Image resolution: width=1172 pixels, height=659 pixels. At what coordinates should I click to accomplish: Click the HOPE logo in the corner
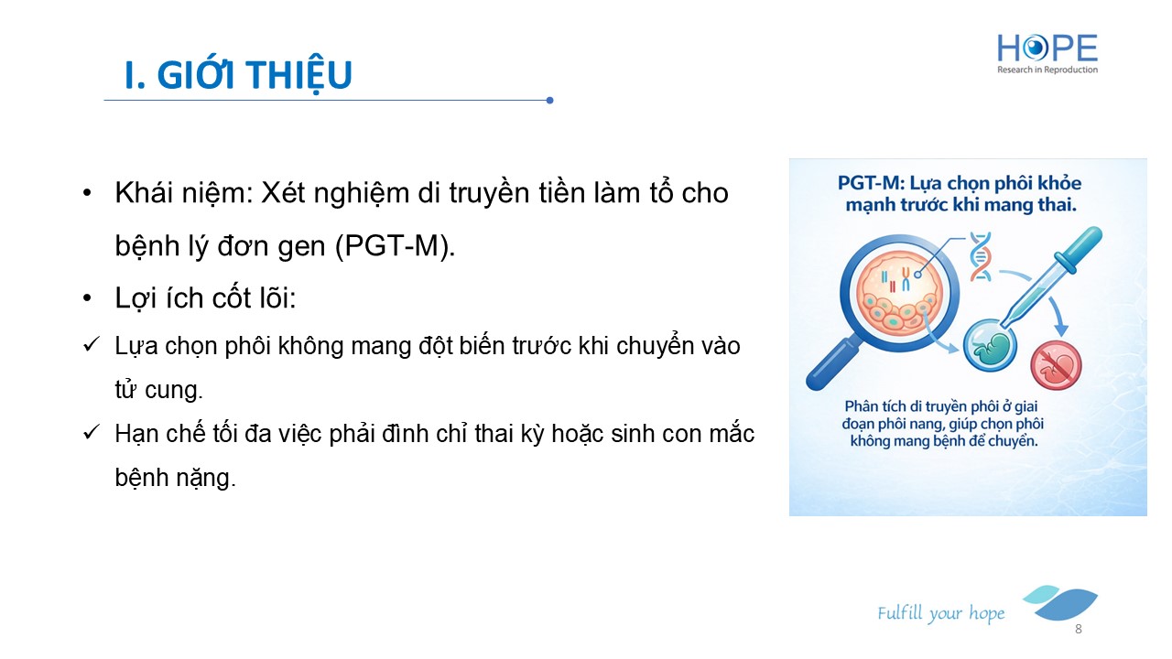(1047, 53)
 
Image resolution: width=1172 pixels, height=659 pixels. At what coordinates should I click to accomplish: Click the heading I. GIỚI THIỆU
(239, 75)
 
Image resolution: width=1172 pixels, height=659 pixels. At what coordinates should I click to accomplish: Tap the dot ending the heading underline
(549, 100)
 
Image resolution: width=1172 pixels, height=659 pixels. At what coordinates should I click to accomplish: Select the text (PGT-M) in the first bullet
(395, 245)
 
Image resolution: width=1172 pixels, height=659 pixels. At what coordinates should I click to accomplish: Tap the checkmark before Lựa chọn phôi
(91, 345)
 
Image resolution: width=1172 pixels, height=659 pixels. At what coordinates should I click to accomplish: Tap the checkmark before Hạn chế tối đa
(91, 433)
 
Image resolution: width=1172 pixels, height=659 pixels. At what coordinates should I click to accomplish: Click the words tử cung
(158, 390)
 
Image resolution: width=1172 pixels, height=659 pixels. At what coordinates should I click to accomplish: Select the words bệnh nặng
(175, 478)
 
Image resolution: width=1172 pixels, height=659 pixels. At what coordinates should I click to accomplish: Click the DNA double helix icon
(980, 256)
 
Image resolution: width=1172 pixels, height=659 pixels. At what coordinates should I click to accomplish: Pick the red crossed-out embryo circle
(1056, 365)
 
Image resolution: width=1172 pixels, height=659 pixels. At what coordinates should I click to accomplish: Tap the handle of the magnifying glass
(833, 363)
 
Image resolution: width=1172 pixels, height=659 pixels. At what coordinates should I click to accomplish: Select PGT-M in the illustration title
(870, 183)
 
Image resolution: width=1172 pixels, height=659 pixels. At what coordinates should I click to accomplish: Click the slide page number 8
(1079, 629)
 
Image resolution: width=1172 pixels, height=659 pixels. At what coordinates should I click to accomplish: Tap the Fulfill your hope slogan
(941, 613)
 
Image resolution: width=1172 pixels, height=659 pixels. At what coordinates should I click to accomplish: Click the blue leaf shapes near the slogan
(1060, 602)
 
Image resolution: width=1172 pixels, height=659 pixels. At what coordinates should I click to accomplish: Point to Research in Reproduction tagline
(1047, 70)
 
